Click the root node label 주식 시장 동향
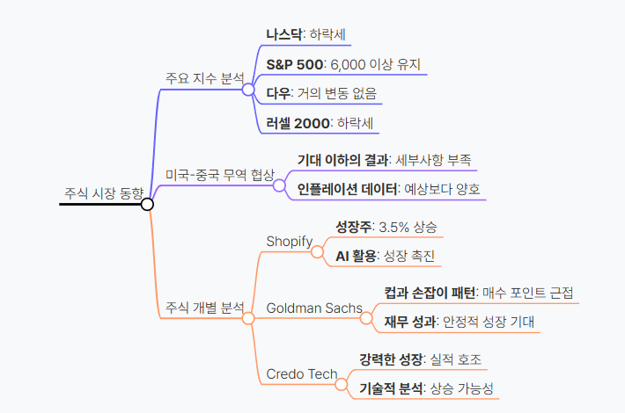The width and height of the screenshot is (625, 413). click(103, 193)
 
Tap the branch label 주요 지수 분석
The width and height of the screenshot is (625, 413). click(205, 78)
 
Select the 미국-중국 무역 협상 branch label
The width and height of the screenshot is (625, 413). click(220, 175)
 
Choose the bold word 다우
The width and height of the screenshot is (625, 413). click(279, 93)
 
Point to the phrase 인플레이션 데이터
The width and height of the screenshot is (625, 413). click(347, 189)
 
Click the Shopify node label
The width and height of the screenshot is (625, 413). click(290, 241)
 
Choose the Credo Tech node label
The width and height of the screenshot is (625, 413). click(302, 374)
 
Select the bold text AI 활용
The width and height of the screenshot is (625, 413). click(356, 256)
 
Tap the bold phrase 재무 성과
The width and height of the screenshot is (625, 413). click(409, 322)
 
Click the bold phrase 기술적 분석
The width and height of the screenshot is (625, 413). click(391, 388)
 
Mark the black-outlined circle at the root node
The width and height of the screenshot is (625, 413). click(147, 204)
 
